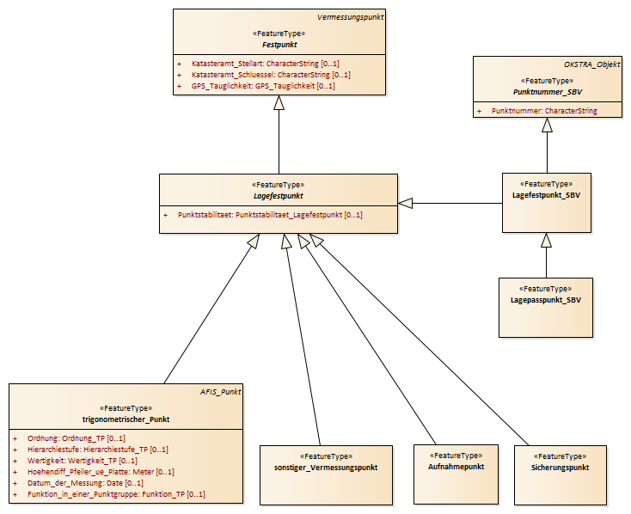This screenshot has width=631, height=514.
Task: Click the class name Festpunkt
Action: [x=279, y=45]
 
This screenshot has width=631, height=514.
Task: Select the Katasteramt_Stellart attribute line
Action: [x=265, y=64]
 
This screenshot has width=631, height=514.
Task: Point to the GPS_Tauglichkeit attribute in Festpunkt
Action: [x=263, y=86]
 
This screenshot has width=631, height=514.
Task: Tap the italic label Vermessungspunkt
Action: [x=350, y=17]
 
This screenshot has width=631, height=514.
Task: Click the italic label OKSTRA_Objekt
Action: [x=592, y=64]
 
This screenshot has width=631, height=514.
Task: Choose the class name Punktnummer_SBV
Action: [x=548, y=92]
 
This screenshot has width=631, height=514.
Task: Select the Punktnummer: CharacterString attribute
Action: [x=544, y=111]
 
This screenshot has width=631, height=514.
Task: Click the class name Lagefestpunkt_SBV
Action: [x=546, y=195]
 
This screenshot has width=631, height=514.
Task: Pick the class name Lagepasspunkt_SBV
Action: [x=546, y=300]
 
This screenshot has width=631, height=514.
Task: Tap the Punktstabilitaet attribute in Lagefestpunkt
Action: [x=270, y=215]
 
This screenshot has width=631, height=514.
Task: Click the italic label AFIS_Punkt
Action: [x=221, y=392]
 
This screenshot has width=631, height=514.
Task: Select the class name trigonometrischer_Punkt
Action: [x=126, y=419]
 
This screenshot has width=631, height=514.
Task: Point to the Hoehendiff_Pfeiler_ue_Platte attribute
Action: [x=101, y=472]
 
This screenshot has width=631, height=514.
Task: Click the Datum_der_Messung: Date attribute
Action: [x=85, y=483]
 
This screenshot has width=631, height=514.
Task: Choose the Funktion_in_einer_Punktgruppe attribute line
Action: [x=116, y=494]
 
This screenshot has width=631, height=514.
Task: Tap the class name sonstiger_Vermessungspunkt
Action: [x=326, y=468]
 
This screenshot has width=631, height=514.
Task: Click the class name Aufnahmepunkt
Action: [x=456, y=467]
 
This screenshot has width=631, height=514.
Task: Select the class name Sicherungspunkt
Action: [x=560, y=468]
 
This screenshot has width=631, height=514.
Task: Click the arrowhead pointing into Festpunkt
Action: [x=279, y=102]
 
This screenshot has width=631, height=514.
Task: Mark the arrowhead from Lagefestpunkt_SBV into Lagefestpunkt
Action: [x=405, y=203]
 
